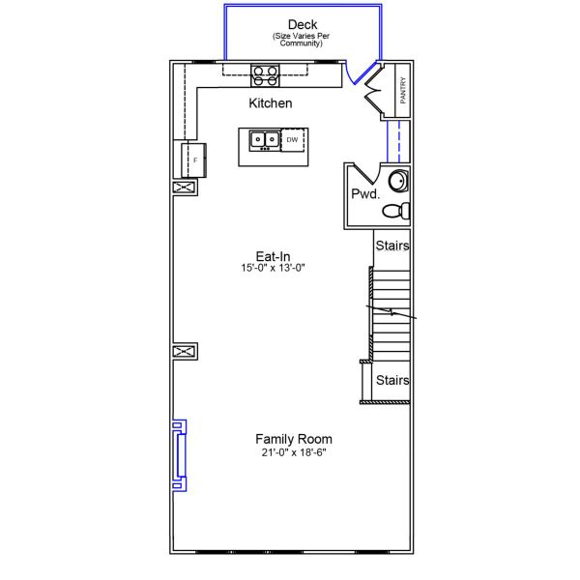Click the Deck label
tap(303, 24)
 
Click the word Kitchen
tap(271, 103)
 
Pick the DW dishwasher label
tap(292, 140)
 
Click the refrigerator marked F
tap(192, 159)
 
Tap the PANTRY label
tap(403, 90)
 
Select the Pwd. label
tap(365, 193)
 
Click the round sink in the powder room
tap(398, 182)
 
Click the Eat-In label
tap(273, 255)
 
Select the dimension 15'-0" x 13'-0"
tap(274, 268)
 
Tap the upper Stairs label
tap(392, 246)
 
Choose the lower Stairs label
tap(392, 380)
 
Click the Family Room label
tap(294, 439)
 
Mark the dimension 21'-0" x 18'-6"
tap(294, 452)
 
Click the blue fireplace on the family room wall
tap(180, 449)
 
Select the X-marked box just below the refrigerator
tap(185, 188)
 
